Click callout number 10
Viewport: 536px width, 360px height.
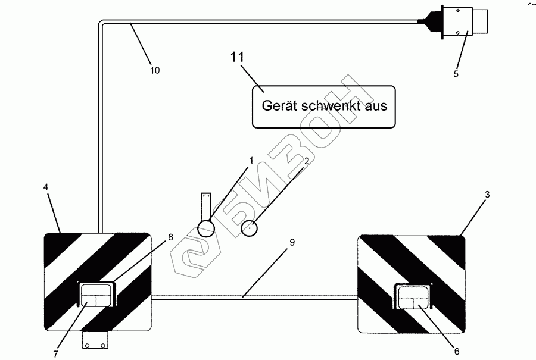click(x=154, y=70)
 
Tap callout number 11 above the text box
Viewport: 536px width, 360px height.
click(x=238, y=58)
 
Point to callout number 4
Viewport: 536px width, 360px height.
click(x=46, y=187)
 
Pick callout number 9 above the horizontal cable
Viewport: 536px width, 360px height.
click(x=291, y=242)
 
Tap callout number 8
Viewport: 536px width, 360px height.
click(x=171, y=237)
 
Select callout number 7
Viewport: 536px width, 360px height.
click(x=55, y=354)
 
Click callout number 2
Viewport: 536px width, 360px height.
click(x=306, y=161)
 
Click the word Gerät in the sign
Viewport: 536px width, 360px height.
click(x=279, y=106)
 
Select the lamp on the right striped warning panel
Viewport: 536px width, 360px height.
click(x=413, y=296)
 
